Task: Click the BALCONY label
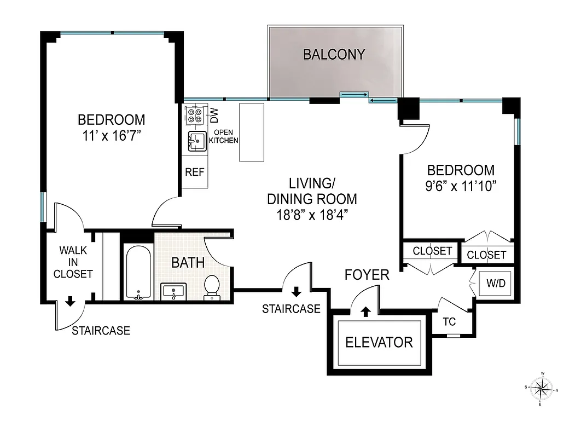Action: [334, 54]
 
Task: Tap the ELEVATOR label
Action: [379, 343]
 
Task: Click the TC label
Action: [449, 321]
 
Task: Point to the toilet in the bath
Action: [212, 287]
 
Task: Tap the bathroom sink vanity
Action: [174, 291]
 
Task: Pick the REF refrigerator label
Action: [194, 172]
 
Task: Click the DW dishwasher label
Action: [214, 116]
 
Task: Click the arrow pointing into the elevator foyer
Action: [365, 312]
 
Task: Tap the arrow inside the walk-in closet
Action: [70, 301]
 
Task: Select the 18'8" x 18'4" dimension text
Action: [312, 215]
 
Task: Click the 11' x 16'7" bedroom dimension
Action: [111, 135]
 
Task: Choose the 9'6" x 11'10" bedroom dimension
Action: [461, 186]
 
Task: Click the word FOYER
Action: [367, 274]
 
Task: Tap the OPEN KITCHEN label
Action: [226, 136]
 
